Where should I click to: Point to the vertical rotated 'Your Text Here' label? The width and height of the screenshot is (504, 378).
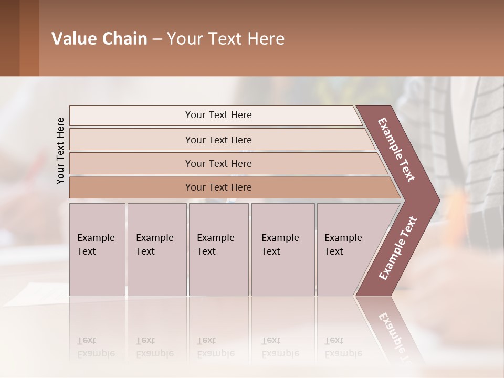click(60, 151)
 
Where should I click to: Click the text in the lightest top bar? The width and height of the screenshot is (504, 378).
click(218, 115)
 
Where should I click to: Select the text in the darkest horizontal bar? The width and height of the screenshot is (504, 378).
click(218, 187)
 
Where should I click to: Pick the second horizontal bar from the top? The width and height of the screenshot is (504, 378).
click(218, 140)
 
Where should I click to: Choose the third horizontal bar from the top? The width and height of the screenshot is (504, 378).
click(218, 163)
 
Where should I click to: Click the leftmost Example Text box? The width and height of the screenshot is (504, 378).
click(97, 245)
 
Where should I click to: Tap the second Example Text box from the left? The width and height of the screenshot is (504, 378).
click(156, 245)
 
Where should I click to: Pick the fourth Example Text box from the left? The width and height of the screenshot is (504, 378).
click(282, 245)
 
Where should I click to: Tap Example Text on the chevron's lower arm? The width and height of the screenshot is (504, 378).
click(398, 248)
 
